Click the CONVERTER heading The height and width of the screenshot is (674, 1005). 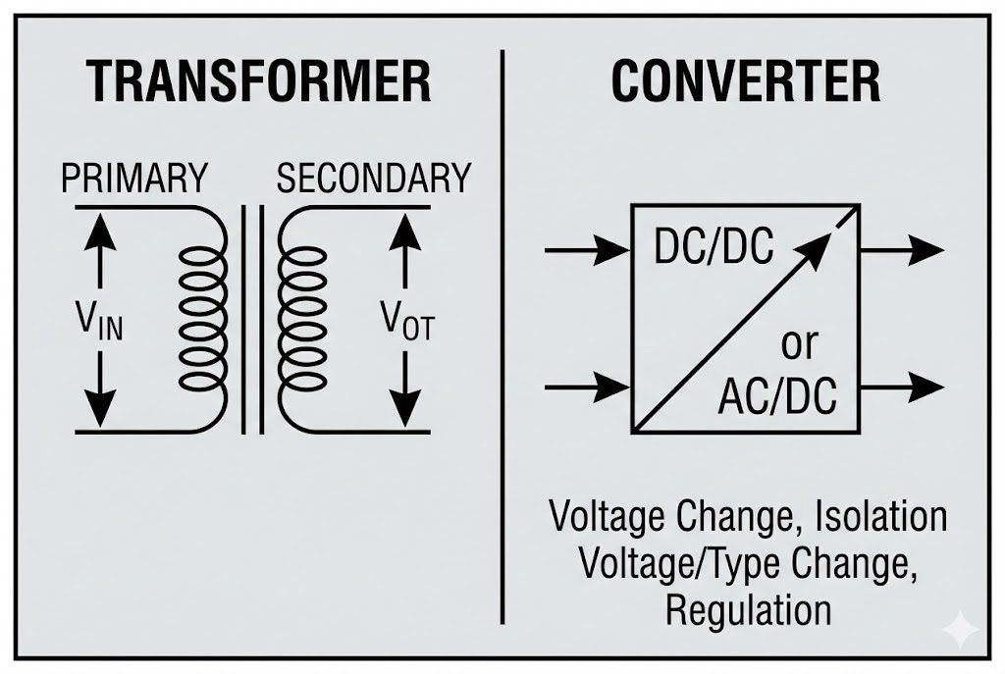click(746, 82)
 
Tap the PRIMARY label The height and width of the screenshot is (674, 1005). click(134, 180)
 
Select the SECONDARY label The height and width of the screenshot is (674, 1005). click(373, 180)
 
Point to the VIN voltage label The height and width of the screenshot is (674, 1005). click(99, 320)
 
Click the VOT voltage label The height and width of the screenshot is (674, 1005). click(406, 320)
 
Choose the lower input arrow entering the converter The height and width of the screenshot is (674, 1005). click(586, 387)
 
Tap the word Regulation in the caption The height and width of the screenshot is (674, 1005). click(748, 610)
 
